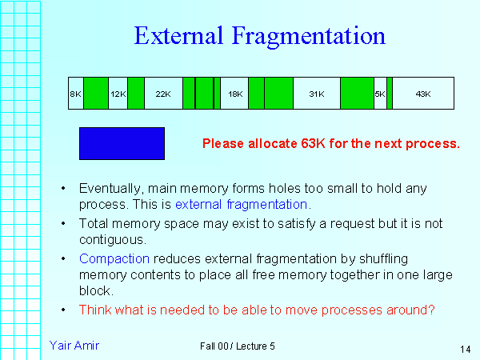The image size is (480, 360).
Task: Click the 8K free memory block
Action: click(75, 94)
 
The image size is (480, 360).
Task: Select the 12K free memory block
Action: click(118, 94)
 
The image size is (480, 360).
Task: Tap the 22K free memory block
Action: click(163, 94)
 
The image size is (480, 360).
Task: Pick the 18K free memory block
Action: click(234, 94)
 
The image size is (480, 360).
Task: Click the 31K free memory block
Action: click(316, 94)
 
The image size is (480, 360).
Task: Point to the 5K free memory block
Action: click(380, 94)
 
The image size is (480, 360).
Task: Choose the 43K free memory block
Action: click(423, 94)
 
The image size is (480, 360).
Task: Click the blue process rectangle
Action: click(122, 143)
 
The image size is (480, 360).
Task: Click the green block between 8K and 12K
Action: click(96, 94)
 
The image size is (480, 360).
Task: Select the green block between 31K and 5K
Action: click(357, 94)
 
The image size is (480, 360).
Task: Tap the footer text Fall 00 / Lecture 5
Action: click(238, 346)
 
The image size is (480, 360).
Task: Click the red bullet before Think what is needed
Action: click(63, 308)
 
